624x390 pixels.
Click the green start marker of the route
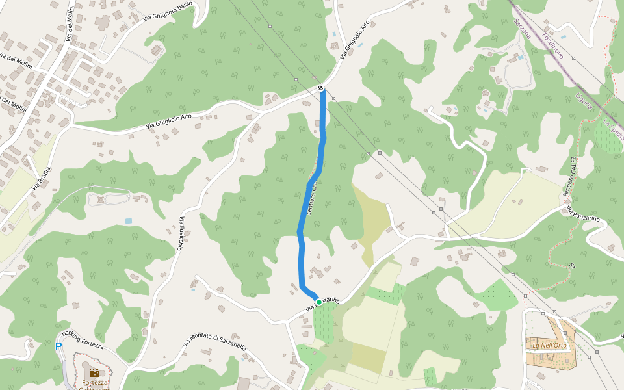coord(319,302)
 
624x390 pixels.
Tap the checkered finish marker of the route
coord(321,88)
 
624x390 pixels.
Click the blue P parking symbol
coord(58,347)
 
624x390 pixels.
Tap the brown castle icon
coord(95,372)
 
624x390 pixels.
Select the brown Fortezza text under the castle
coord(95,383)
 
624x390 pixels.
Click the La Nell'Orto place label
coord(550,344)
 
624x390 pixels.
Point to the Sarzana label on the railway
coord(522,29)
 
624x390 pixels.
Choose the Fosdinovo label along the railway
coord(552,45)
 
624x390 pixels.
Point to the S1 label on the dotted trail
coord(573,266)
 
